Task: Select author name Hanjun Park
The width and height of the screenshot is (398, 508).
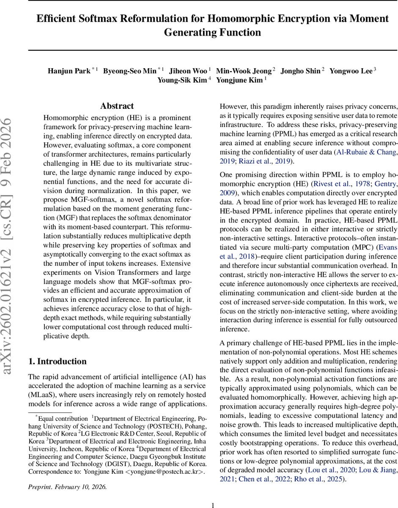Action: point(69,71)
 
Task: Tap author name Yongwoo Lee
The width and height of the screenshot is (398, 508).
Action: point(351,71)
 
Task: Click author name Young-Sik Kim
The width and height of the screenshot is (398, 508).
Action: point(182,80)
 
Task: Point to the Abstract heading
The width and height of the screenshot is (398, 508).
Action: point(117,106)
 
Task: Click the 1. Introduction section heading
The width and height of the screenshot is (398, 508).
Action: point(57,361)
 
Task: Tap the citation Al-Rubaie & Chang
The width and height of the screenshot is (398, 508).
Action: point(366,152)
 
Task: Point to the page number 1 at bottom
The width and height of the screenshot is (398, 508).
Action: point(213,505)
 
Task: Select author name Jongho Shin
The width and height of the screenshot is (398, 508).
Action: point(301,71)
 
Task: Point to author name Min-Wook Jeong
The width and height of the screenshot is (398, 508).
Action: point(243,71)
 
